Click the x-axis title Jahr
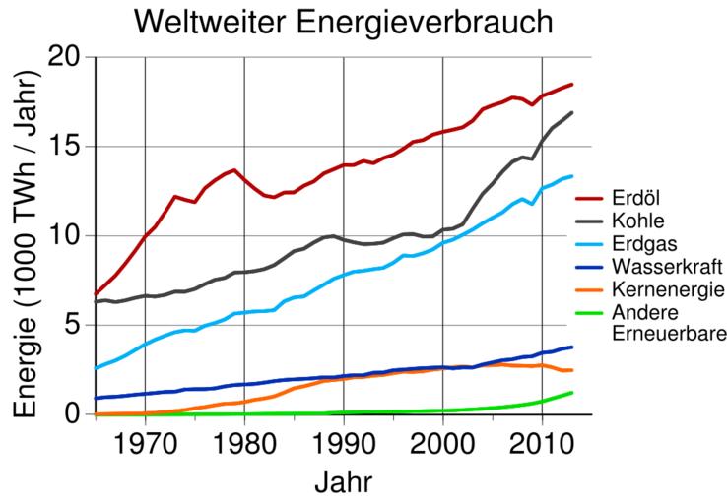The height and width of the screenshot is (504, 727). point(343,482)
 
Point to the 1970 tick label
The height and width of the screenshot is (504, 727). point(146,442)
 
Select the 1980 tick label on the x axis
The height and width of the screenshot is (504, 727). point(244,442)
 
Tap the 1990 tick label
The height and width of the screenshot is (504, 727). point(344,442)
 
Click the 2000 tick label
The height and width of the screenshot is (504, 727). point(443,442)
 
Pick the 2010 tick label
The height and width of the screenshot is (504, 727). point(542,442)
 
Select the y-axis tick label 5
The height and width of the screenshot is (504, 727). point(75,326)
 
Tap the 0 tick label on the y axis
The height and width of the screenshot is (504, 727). point(75,414)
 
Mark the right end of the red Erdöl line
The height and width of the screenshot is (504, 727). point(571,85)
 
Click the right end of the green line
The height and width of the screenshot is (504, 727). point(571,393)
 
